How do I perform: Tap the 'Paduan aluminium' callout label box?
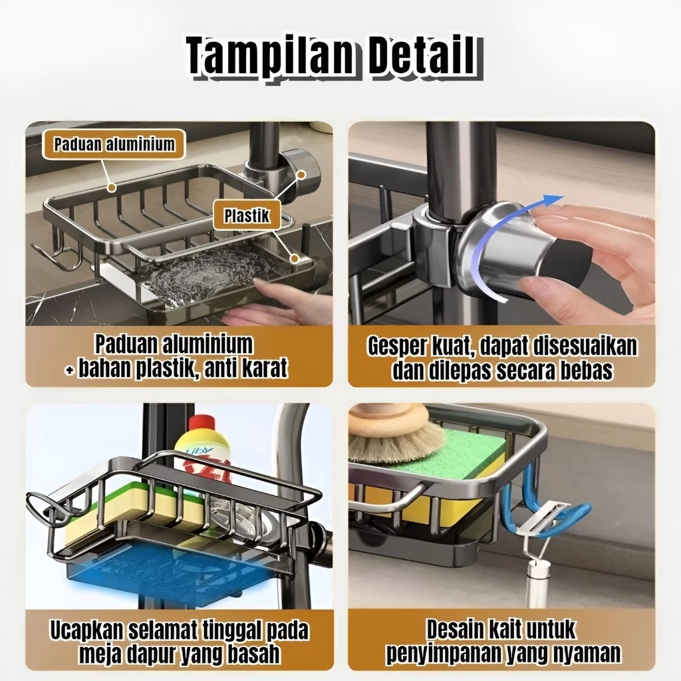click(x=114, y=144)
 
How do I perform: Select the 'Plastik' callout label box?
click(x=246, y=215)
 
